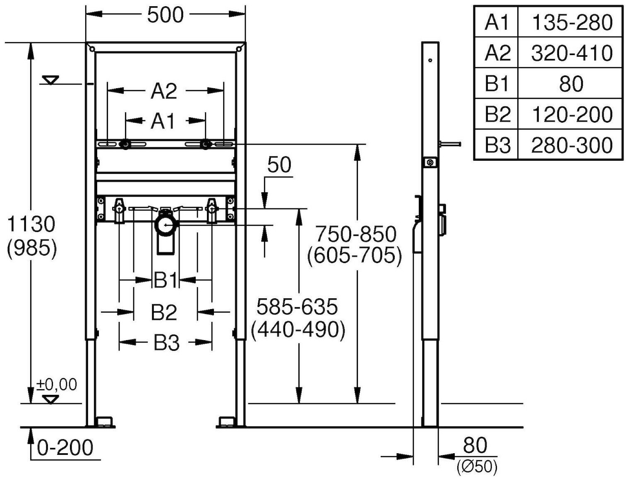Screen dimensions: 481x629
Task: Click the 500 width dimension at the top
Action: click(x=165, y=15)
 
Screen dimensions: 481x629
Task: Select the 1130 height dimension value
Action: click(x=32, y=225)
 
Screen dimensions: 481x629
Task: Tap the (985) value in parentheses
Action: click(x=32, y=249)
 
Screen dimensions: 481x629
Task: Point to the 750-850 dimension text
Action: click(x=356, y=234)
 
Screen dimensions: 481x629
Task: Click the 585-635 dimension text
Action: click(x=297, y=307)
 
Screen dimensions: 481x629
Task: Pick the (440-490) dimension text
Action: click(x=298, y=330)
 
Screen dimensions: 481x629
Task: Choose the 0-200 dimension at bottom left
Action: click(x=65, y=448)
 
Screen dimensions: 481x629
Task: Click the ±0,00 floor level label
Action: click(x=57, y=384)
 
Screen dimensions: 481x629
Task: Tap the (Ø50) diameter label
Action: click(x=477, y=467)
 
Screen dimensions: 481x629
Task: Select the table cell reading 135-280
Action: click(x=571, y=22)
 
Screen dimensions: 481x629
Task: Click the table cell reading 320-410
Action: click(x=571, y=53)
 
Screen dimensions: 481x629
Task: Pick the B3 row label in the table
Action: click(x=497, y=145)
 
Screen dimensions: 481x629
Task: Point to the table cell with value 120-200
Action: click(x=571, y=114)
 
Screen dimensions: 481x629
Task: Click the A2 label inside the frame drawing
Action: click(x=164, y=91)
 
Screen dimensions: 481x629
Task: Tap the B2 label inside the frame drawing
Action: click(x=164, y=312)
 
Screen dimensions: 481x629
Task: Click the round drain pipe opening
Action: click(x=166, y=225)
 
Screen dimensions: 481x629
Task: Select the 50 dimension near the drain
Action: click(x=279, y=165)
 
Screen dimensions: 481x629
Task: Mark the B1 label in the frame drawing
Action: click(x=166, y=280)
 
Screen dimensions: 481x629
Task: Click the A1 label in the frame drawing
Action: click(x=163, y=121)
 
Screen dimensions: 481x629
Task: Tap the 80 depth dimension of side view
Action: click(x=475, y=445)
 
